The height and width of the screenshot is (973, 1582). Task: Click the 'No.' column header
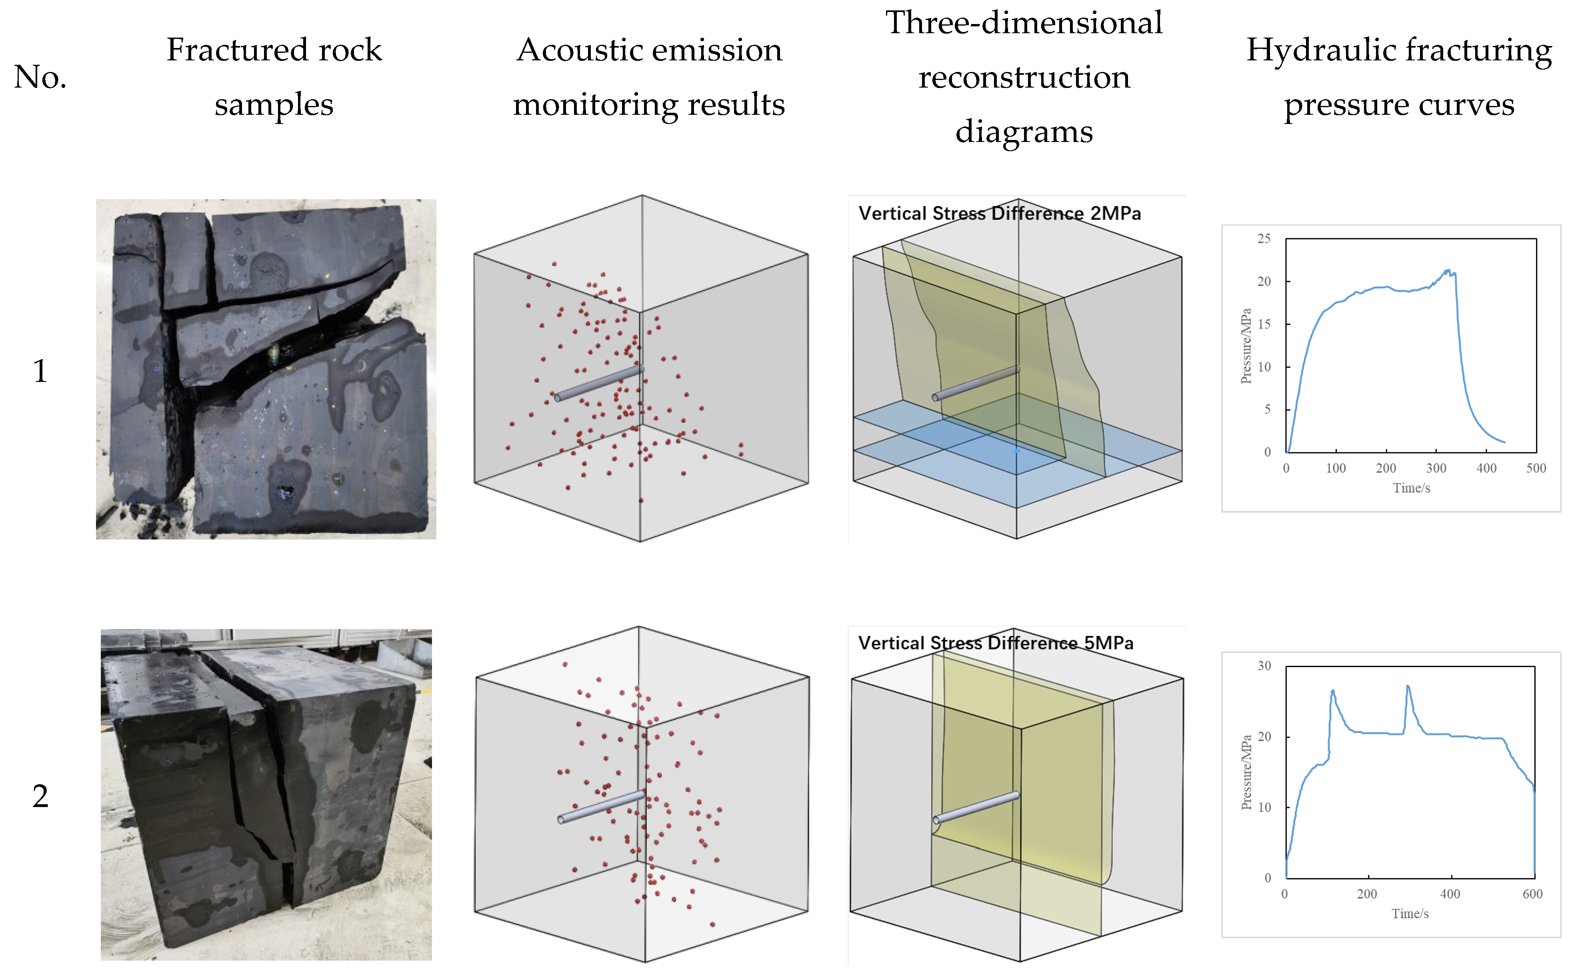(40, 77)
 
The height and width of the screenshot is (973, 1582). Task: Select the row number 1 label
(40, 371)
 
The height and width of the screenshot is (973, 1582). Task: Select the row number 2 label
(40, 797)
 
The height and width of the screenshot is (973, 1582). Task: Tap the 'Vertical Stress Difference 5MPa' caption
(995, 643)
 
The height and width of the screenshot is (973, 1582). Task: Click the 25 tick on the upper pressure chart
(1264, 239)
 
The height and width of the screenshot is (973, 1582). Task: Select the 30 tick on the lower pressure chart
(1264, 666)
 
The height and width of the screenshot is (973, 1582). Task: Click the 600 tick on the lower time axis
(1532, 894)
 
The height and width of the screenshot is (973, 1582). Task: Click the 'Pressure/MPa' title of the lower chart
(1246, 772)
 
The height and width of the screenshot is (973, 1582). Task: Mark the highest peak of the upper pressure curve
(1448, 270)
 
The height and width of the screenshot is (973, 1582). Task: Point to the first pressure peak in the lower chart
(1332, 691)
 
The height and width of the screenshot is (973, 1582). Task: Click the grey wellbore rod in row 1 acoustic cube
(598, 384)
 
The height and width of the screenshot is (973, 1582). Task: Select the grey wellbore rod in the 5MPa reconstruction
(976, 807)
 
